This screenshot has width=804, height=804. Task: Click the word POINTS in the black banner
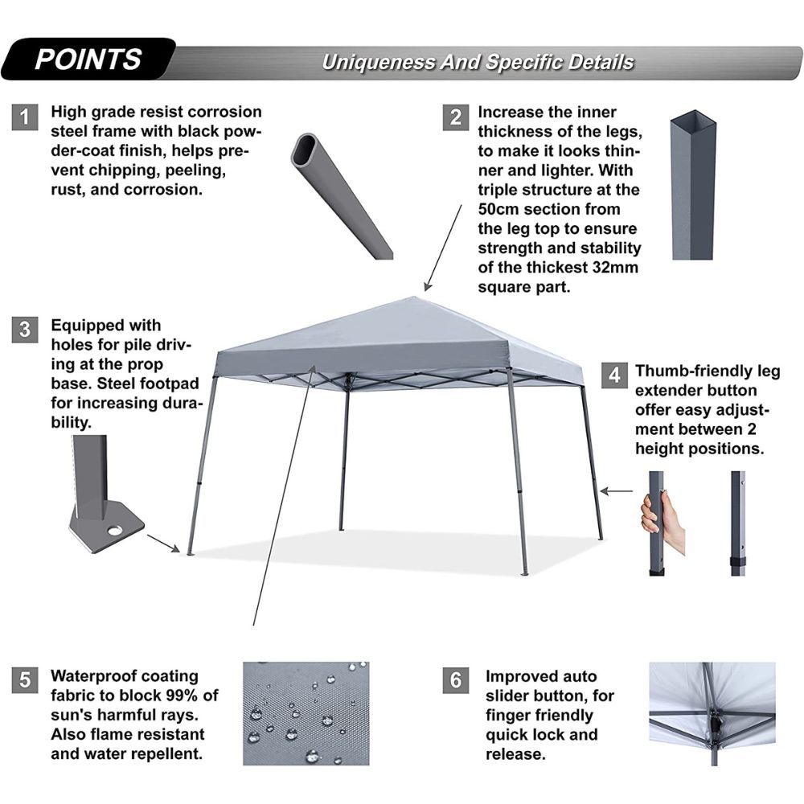(88, 59)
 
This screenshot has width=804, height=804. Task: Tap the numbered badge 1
(25, 117)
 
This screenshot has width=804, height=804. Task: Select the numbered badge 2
(456, 117)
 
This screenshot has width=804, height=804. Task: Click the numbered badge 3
(25, 329)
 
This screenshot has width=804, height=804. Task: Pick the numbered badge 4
(614, 375)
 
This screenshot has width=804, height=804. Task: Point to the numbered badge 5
(25, 680)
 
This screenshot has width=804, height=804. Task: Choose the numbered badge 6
(456, 680)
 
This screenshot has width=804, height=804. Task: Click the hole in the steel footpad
(115, 531)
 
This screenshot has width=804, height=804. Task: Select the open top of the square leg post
(693, 118)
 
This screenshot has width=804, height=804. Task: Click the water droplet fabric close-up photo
(306, 713)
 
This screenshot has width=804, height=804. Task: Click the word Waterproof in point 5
(92, 676)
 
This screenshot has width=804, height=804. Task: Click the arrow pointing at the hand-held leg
(616, 491)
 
